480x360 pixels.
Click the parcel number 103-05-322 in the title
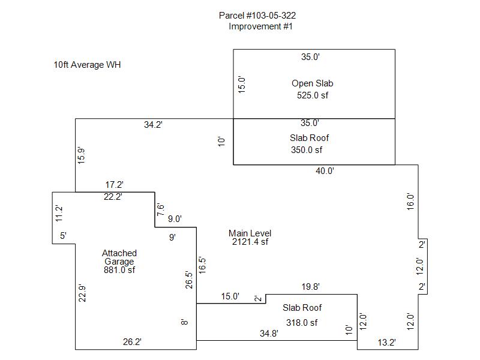[x=266, y=16]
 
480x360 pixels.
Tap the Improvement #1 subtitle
[x=260, y=26]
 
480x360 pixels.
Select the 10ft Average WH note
[x=87, y=65]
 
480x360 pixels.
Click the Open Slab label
[x=312, y=83]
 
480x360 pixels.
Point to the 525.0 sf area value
[x=313, y=95]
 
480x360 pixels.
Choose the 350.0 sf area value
[x=307, y=150]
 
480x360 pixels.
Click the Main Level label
[x=250, y=233]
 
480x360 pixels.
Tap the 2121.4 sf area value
[x=250, y=242]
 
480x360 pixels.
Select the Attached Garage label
[x=119, y=257]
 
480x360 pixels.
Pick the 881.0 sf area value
[x=119, y=270]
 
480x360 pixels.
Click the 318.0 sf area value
[x=302, y=322]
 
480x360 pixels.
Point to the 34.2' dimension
[x=153, y=125]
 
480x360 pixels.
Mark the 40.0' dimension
[x=325, y=171]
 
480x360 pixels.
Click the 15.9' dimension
[x=81, y=155]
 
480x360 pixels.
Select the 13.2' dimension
[x=386, y=342]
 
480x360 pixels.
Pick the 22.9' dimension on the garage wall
[x=83, y=292]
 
